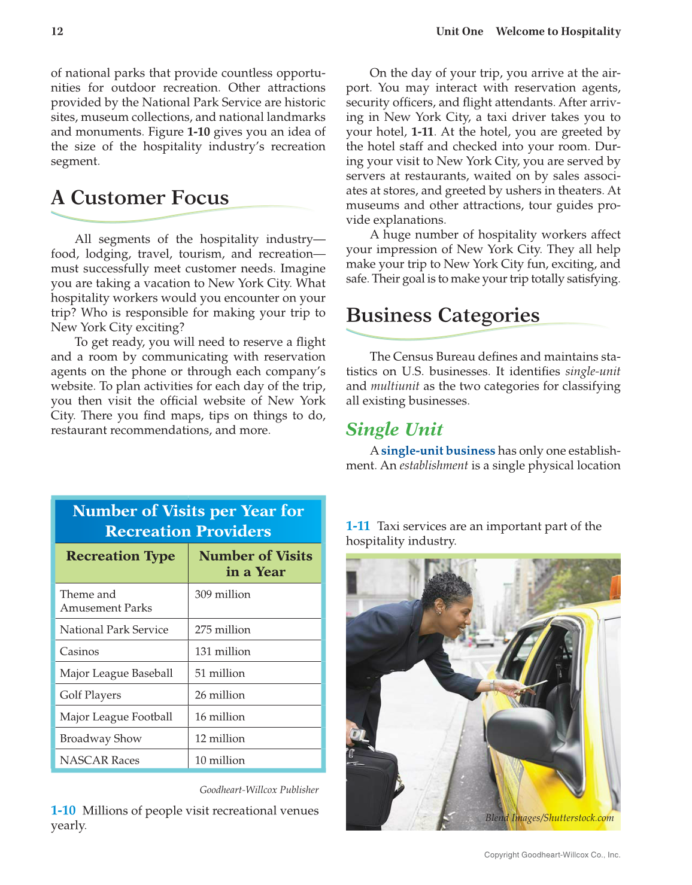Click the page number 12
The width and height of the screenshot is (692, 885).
tap(57, 32)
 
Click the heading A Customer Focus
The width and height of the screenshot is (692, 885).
tap(140, 198)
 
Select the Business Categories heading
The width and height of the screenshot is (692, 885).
tap(442, 315)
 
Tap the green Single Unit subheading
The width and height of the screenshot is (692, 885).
tap(394, 429)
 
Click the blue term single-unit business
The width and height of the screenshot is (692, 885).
tap(438, 451)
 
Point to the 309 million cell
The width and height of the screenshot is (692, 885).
tap(223, 594)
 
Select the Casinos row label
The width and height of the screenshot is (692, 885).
tap(79, 651)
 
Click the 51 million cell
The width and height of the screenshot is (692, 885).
tap(220, 673)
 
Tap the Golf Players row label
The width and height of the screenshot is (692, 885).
tap(90, 695)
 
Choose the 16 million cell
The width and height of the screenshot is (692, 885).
tap(220, 717)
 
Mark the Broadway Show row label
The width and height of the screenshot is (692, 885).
tap(101, 738)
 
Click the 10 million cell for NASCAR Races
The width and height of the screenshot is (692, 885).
tap(220, 760)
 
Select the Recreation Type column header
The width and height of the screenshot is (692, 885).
tap(120, 556)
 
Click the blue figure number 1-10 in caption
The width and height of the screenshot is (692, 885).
tap(63, 811)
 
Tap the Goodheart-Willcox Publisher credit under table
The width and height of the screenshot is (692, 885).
tap(259, 790)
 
